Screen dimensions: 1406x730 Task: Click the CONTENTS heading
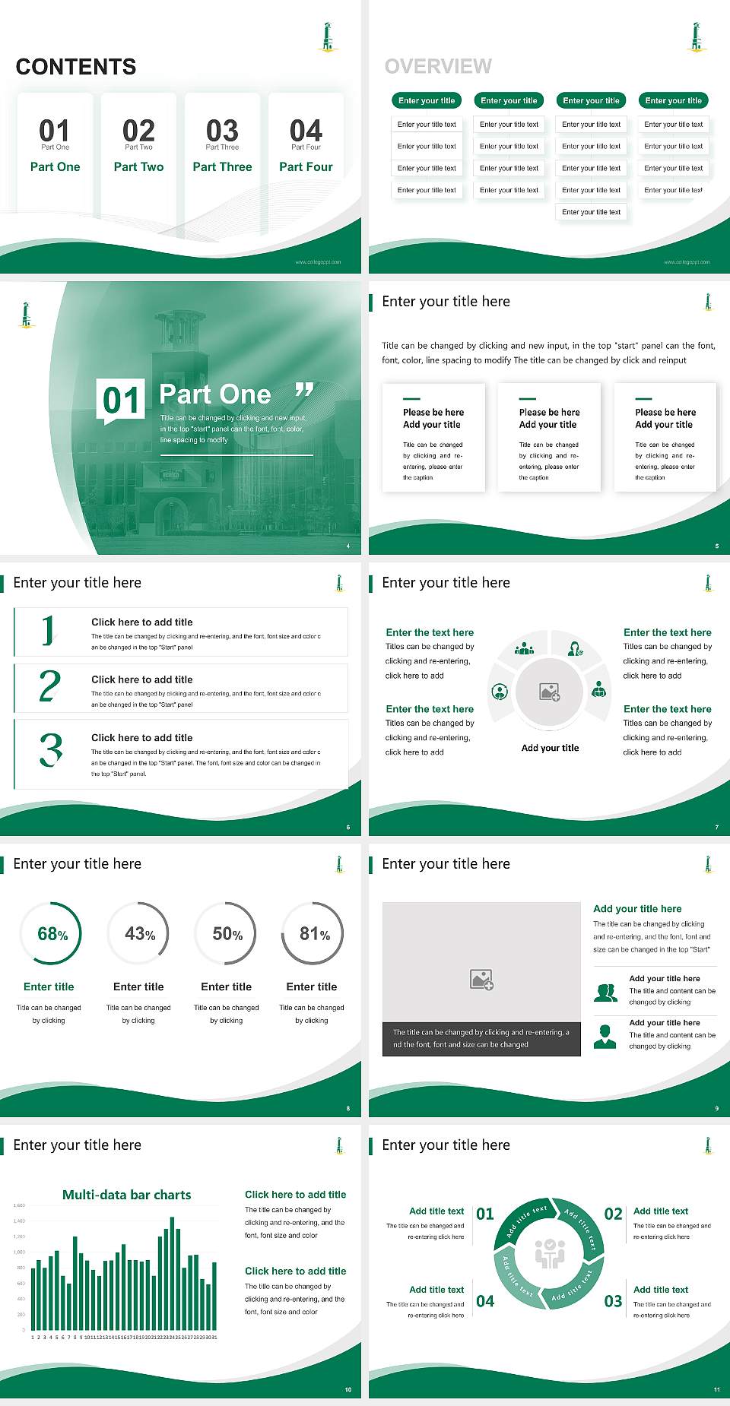(76, 67)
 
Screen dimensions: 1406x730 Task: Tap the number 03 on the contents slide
(222, 130)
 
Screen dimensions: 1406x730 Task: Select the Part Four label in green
(306, 166)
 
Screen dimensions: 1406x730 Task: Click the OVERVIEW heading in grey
(438, 66)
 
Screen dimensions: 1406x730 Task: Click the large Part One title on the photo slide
(214, 394)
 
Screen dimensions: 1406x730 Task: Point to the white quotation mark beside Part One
(304, 391)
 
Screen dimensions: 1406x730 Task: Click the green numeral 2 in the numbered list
(49, 686)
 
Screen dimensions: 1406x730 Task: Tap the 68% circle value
(52, 933)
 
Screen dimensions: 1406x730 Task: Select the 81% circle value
(314, 933)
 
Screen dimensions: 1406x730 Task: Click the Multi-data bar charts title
(126, 1195)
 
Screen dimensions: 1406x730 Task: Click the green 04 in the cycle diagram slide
(485, 1301)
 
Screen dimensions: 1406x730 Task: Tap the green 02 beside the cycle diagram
(613, 1214)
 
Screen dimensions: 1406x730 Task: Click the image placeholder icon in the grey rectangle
(481, 980)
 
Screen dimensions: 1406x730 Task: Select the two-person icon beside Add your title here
(605, 993)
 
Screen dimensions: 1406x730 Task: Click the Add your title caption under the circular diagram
(550, 748)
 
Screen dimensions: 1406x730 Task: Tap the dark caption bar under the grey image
(481, 1038)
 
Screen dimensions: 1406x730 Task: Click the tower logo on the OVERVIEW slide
(696, 37)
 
